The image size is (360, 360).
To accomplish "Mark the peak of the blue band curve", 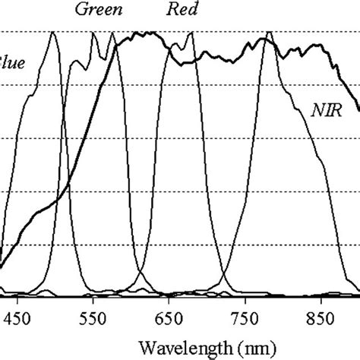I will (x=53, y=33).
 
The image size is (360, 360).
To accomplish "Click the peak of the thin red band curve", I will (x=190, y=33).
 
